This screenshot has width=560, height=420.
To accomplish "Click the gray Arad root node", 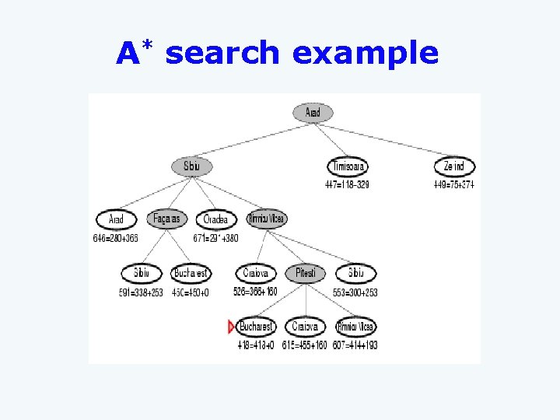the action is pyautogui.click(x=313, y=113).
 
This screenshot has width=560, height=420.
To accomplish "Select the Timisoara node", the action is pyautogui.click(x=348, y=167).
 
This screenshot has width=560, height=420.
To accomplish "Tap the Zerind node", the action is pyautogui.click(x=454, y=167).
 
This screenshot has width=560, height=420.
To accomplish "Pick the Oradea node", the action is pyautogui.click(x=215, y=220).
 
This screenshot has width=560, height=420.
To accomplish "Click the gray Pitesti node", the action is pyautogui.click(x=306, y=274).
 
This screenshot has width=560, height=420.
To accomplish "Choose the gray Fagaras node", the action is pyautogui.click(x=167, y=219).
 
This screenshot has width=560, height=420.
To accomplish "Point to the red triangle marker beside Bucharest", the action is pyautogui.click(x=231, y=327).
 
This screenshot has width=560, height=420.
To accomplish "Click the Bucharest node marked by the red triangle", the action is pyautogui.click(x=256, y=327).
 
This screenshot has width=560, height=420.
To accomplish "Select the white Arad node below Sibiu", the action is pyautogui.click(x=116, y=220).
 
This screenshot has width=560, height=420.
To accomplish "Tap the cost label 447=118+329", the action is pyautogui.click(x=347, y=184).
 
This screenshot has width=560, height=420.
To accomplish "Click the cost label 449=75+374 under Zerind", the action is pyautogui.click(x=454, y=184).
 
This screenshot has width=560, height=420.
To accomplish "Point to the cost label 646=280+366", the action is pyautogui.click(x=115, y=238).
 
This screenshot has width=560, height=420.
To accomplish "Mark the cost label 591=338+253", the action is pyautogui.click(x=140, y=292).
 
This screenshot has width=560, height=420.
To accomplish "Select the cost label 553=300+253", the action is pyautogui.click(x=355, y=292).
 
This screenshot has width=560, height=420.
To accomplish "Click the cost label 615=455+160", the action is pyautogui.click(x=304, y=345).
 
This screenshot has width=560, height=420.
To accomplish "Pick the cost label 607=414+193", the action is pyautogui.click(x=355, y=345).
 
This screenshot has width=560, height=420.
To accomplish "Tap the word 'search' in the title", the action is pyautogui.click(x=222, y=53).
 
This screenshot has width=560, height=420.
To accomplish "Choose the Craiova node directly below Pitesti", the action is pyautogui.click(x=306, y=327).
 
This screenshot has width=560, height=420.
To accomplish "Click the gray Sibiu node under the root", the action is pyautogui.click(x=191, y=166).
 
